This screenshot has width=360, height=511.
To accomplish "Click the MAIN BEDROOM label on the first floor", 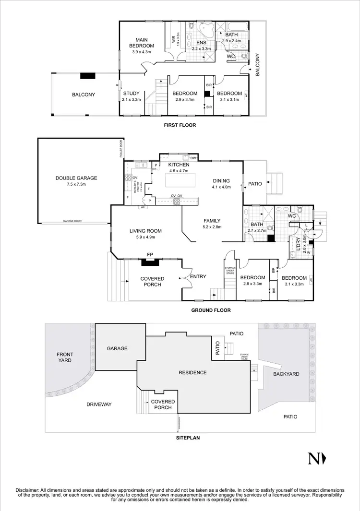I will tap(141, 43).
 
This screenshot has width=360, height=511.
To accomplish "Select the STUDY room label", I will tap(131, 94).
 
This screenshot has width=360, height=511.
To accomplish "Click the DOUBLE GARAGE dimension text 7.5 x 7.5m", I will tap(76, 184).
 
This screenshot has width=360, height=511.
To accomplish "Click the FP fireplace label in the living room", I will tap(150, 255).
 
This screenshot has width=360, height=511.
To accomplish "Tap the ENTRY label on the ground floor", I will tap(198, 277).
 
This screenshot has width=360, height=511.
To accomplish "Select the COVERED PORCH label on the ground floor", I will tap(152, 282).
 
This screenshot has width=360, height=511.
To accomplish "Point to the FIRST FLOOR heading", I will tap(180, 125).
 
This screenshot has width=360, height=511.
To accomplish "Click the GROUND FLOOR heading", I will tap(211, 310).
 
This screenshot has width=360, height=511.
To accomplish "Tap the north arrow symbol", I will tap(317, 459).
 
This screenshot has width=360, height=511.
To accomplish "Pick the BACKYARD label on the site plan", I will tap(286, 374).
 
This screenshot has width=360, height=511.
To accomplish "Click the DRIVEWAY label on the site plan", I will tap(99, 404).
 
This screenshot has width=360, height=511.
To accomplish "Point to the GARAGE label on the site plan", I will tap(117, 348).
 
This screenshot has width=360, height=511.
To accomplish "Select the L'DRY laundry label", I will tap(298, 244).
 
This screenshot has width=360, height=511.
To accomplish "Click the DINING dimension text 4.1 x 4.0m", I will tap(222, 187).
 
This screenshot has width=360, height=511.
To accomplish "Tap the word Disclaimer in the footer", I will tap(29, 489).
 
